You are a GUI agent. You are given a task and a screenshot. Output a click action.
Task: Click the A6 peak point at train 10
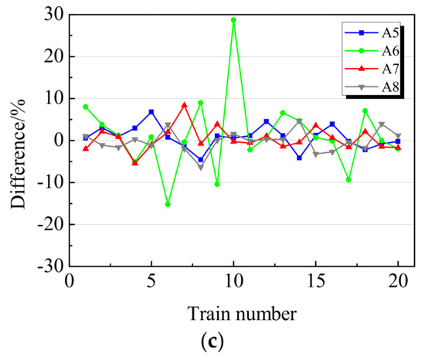[233, 20]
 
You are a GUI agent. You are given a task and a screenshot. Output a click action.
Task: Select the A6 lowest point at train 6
[168, 204]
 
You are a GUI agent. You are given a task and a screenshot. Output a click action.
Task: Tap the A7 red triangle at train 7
[184, 105]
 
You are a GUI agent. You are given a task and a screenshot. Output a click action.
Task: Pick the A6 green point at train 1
[86, 107]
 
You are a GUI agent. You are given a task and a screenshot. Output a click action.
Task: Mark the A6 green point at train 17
[348, 179]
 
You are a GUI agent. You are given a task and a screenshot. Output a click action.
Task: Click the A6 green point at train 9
[217, 184]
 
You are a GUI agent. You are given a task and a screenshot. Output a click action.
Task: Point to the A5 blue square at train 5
[151, 112]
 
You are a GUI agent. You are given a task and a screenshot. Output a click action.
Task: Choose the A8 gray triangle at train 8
[201, 168]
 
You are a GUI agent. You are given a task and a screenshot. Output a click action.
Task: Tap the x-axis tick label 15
[315, 281]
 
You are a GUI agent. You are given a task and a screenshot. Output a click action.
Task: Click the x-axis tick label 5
[151, 281]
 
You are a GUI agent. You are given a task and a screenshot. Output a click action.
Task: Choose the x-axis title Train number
[242, 314]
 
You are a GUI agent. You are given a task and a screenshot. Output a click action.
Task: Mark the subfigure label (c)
[241, 342]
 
